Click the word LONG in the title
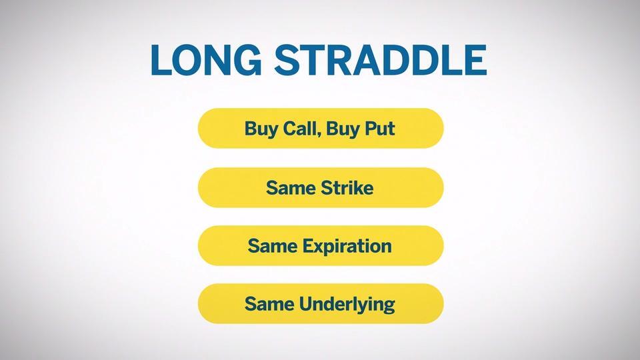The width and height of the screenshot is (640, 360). click(x=206, y=60)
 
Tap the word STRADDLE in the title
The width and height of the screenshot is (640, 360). click(x=381, y=60)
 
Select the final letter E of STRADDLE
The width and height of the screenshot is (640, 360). click(x=475, y=60)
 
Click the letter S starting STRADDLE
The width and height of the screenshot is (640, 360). click(x=287, y=60)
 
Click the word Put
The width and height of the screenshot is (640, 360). click(x=379, y=129)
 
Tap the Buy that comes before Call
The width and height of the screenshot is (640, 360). click(x=261, y=129)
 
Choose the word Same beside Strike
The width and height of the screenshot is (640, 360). click(x=291, y=188)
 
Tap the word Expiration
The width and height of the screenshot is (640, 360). click(x=347, y=247)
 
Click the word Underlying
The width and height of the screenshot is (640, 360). click(x=347, y=305)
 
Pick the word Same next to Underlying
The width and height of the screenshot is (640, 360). click(x=269, y=304)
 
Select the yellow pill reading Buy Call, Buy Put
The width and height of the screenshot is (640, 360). click(x=321, y=128)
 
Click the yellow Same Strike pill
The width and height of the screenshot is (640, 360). click(x=321, y=187)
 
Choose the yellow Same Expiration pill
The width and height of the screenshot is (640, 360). click(x=321, y=246)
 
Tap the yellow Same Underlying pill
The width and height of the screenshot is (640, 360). click(x=321, y=304)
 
